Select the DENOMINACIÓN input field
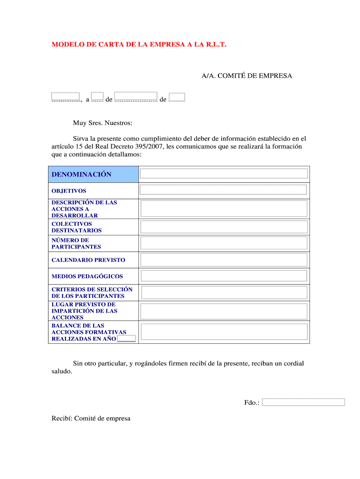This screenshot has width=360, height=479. (x=224, y=174)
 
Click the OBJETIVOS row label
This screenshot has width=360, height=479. (x=69, y=191)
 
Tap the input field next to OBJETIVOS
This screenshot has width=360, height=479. (x=223, y=189)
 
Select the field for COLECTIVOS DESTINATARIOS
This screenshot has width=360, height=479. (x=224, y=227)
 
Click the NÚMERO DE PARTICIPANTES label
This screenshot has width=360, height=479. (x=76, y=243)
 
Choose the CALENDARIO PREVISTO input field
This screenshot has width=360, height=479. (x=224, y=260)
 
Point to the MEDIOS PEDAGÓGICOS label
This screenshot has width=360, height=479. (x=87, y=276)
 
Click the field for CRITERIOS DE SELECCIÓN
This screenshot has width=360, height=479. (x=224, y=293)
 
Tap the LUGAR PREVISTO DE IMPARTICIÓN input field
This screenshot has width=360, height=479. (x=224, y=311)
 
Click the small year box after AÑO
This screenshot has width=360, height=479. (x=127, y=339)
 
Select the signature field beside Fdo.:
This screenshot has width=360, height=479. (x=303, y=402)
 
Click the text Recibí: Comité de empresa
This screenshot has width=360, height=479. (x=91, y=419)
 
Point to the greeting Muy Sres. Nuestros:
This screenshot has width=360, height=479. (x=102, y=123)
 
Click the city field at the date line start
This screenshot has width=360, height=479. (x=65, y=97)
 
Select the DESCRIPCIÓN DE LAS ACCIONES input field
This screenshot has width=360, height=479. (x=224, y=209)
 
